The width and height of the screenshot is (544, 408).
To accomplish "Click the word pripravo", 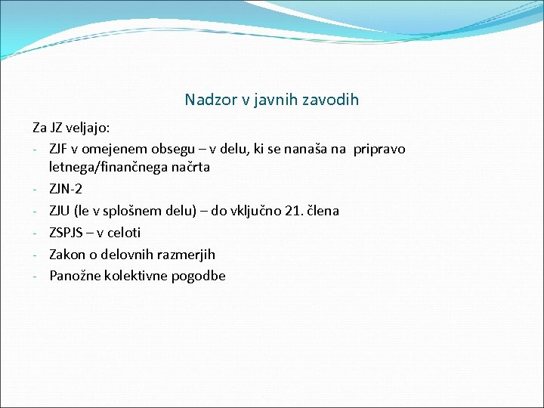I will click(378, 149).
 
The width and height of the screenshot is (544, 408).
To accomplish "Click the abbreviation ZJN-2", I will click(66, 189).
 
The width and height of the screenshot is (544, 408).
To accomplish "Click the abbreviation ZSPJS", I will click(66, 233).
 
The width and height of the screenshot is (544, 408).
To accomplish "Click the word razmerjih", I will click(187, 254).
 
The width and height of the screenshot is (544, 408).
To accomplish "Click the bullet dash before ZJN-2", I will click(36, 189).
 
